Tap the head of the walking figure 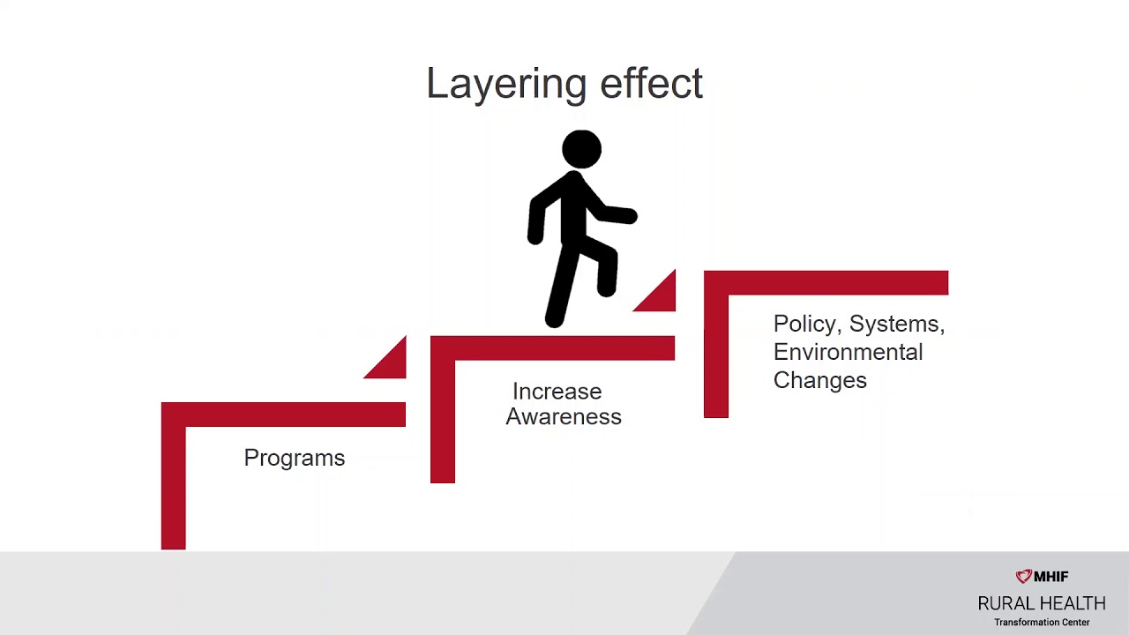(x=581, y=149)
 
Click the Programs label (x=294, y=458)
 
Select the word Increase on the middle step (x=557, y=392)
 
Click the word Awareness (x=564, y=417)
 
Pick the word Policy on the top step (x=804, y=325)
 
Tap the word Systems (x=896, y=325)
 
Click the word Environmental (x=848, y=352)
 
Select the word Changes (x=819, y=380)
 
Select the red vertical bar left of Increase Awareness (x=442, y=419)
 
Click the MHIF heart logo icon (x=1023, y=577)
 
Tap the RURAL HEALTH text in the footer (x=1041, y=603)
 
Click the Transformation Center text (x=1042, y=623)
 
